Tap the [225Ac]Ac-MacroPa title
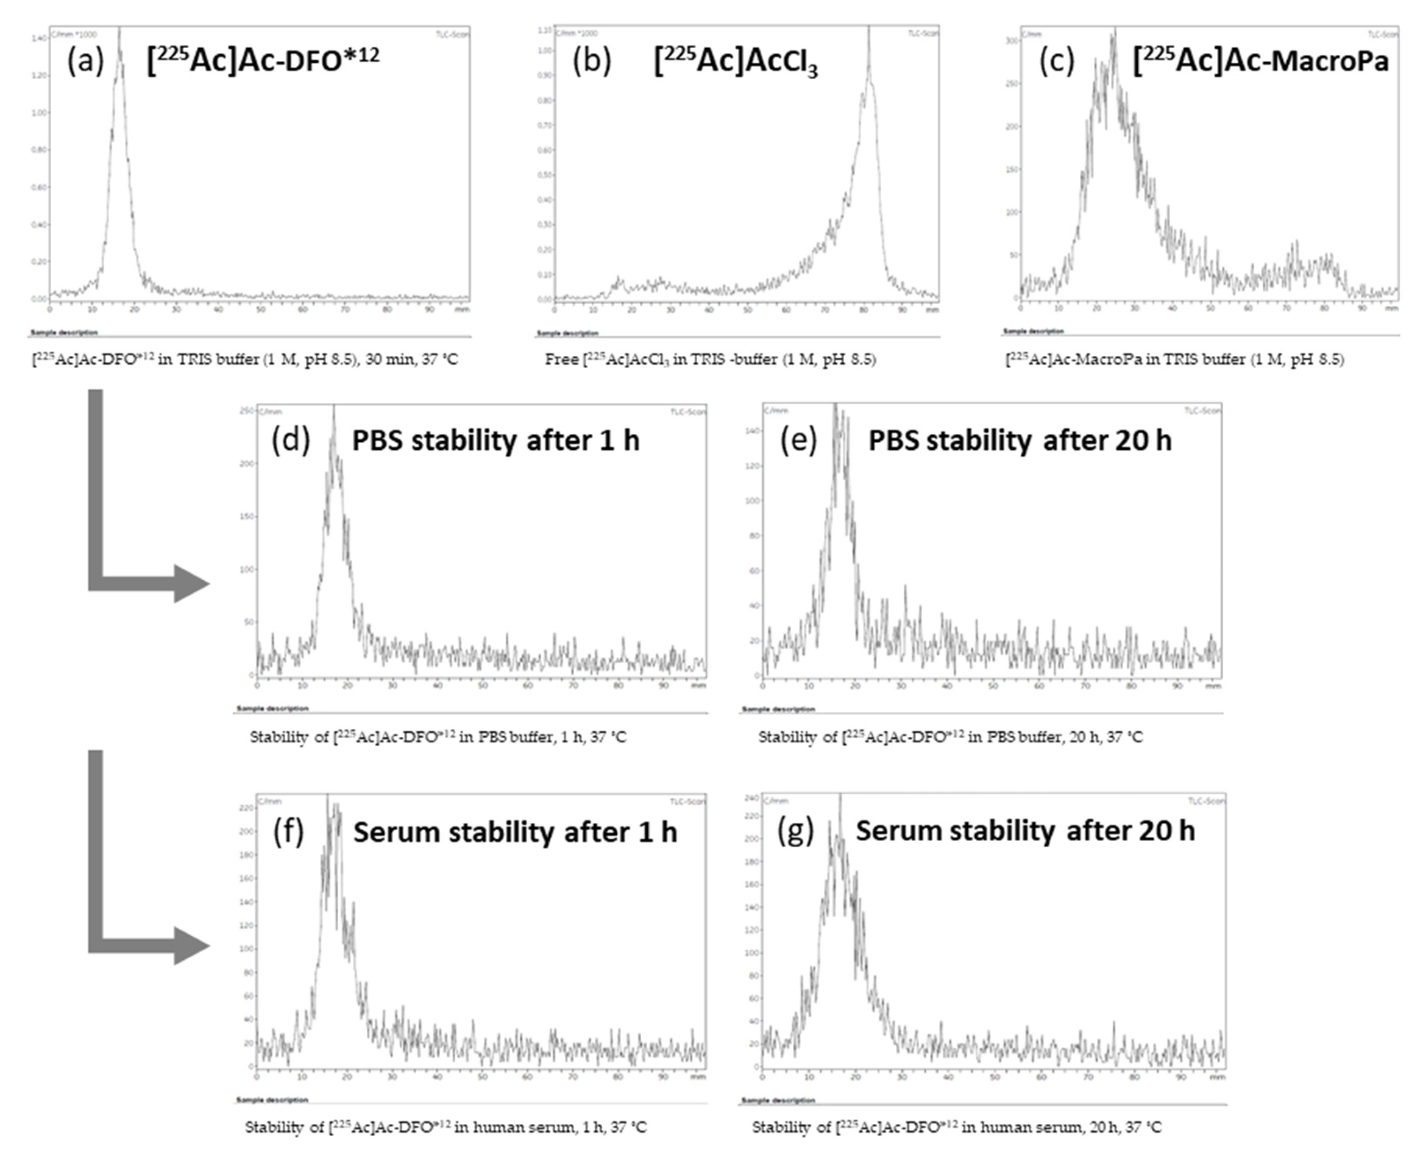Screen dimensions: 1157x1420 [x=1260, y=62]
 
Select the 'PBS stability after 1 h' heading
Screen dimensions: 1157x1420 [x=495, y=441]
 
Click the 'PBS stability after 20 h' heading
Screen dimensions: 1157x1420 [x=1019, y=441]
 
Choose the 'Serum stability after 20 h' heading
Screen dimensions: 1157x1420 [x=1025, y=831]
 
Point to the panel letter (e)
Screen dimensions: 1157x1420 [x=798, y=441]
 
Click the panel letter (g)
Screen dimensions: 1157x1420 [x=795, y=831]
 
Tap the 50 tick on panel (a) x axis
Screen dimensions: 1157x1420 [x=260, y=310]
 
